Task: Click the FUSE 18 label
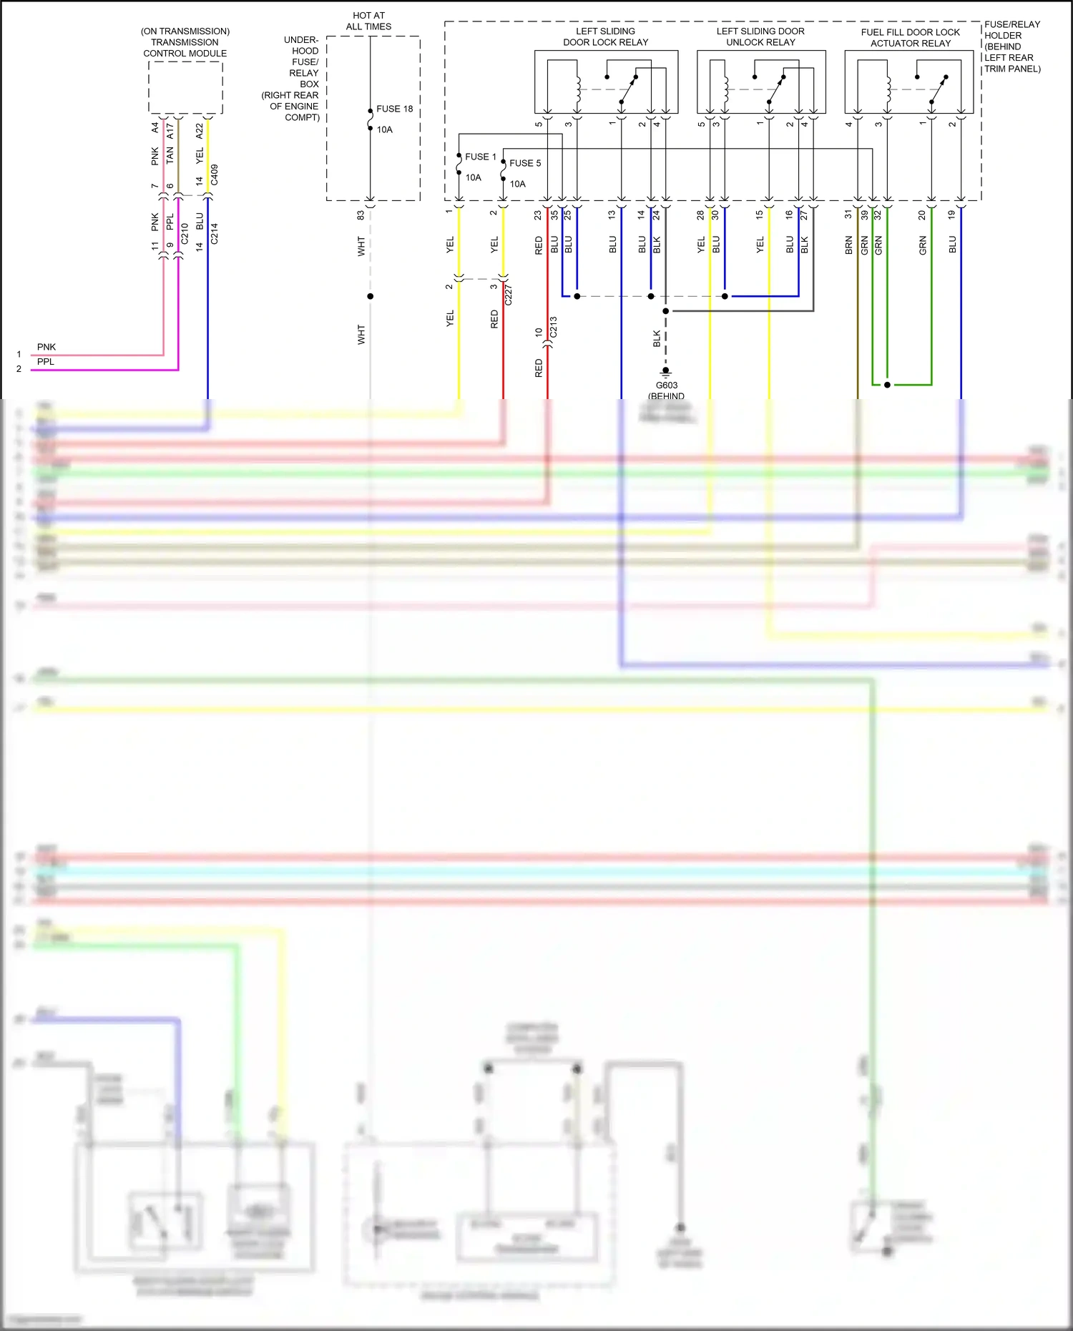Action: [x=394, y=109]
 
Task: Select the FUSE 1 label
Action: [x=480, y=157]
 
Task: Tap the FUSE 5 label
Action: [x=525, y=163]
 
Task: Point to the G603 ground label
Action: [x=667, y=385]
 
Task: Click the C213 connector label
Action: [x=553, y=327]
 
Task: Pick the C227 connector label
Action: [x=509, y=295]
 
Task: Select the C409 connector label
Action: [x=215, y=175]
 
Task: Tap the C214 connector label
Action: [x=215, y=234]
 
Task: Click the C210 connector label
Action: [x=185, y=234]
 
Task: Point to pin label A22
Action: [x=200, y=131]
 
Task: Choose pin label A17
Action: [x=170, y=131]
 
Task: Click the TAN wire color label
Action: [x=170, y=154]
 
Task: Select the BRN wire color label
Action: [x=849, y=245]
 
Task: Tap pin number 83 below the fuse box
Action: [x=361, y=214]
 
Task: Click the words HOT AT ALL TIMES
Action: [x=368, y=21]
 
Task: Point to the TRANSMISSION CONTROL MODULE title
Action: [x=185, y=42]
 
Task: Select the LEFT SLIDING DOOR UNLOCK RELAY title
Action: [x=760, y=36]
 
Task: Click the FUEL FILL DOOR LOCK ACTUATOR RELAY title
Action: [x=910, y=38]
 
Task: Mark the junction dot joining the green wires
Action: [x=887, y=385]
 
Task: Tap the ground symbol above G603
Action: [x=666, y=373]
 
